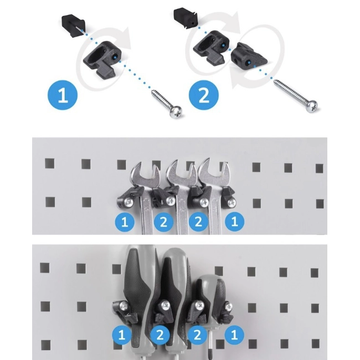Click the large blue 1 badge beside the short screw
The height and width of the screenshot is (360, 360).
pos(63,95)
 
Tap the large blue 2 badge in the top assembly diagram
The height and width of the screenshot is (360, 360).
pos(204,95)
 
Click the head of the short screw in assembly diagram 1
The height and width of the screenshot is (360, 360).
pos(176,112)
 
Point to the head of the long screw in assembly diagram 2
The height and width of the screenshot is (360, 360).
pos(311,106)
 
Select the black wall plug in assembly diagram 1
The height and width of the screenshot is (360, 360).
pos(74,23)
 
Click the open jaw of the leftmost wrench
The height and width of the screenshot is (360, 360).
pos(145,172)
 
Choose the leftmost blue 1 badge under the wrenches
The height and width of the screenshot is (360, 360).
pos(125,222)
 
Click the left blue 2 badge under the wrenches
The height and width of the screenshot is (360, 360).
pos(163,222)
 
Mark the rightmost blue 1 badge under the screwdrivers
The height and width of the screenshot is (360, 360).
pos(234,335)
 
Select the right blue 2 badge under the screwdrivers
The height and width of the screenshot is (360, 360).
pos(197,335)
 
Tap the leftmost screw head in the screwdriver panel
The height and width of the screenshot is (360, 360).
pos(125,305)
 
